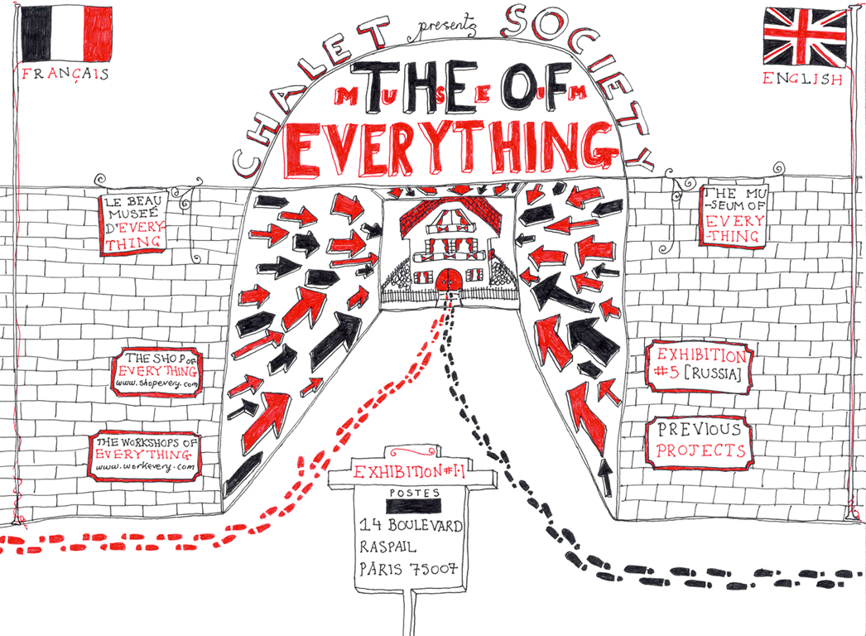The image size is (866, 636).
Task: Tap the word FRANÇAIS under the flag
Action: [65, 74]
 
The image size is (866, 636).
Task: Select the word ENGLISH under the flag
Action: [802, 79]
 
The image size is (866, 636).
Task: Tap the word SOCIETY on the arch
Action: [580, 58]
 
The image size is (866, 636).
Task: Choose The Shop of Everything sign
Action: [158, 370]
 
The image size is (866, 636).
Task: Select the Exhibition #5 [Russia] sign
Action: [700, 367]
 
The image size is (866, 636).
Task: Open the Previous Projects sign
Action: [700, 441]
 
